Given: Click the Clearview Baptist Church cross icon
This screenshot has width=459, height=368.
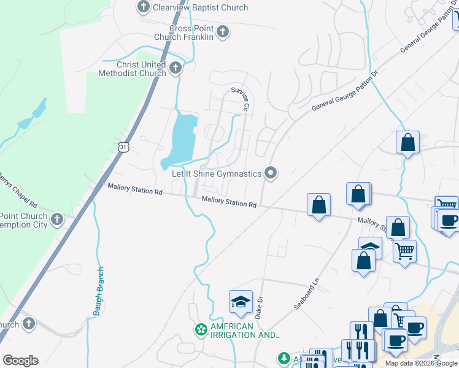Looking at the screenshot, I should pos(144,7).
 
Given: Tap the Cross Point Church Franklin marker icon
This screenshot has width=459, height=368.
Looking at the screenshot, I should pos(222,32).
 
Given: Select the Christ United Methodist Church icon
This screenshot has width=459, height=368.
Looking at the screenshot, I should pos(175,69).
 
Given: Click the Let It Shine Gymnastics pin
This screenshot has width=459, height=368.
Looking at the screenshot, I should pos(271,174).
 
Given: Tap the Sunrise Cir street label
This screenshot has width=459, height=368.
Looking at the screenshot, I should pos(241,99).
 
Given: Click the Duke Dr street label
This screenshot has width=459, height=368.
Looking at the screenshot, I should pos(260,307).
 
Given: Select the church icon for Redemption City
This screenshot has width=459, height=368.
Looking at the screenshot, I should pos(56,220).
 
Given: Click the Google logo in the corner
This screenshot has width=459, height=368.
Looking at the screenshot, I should pos(20,361).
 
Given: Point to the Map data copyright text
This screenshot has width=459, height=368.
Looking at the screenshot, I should pos(421,363).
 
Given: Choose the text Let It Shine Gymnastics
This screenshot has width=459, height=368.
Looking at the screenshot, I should pos(216,174).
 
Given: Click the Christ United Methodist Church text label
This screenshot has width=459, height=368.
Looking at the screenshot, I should pos(133,69).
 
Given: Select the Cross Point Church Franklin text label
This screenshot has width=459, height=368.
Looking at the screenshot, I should pos(192,33).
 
